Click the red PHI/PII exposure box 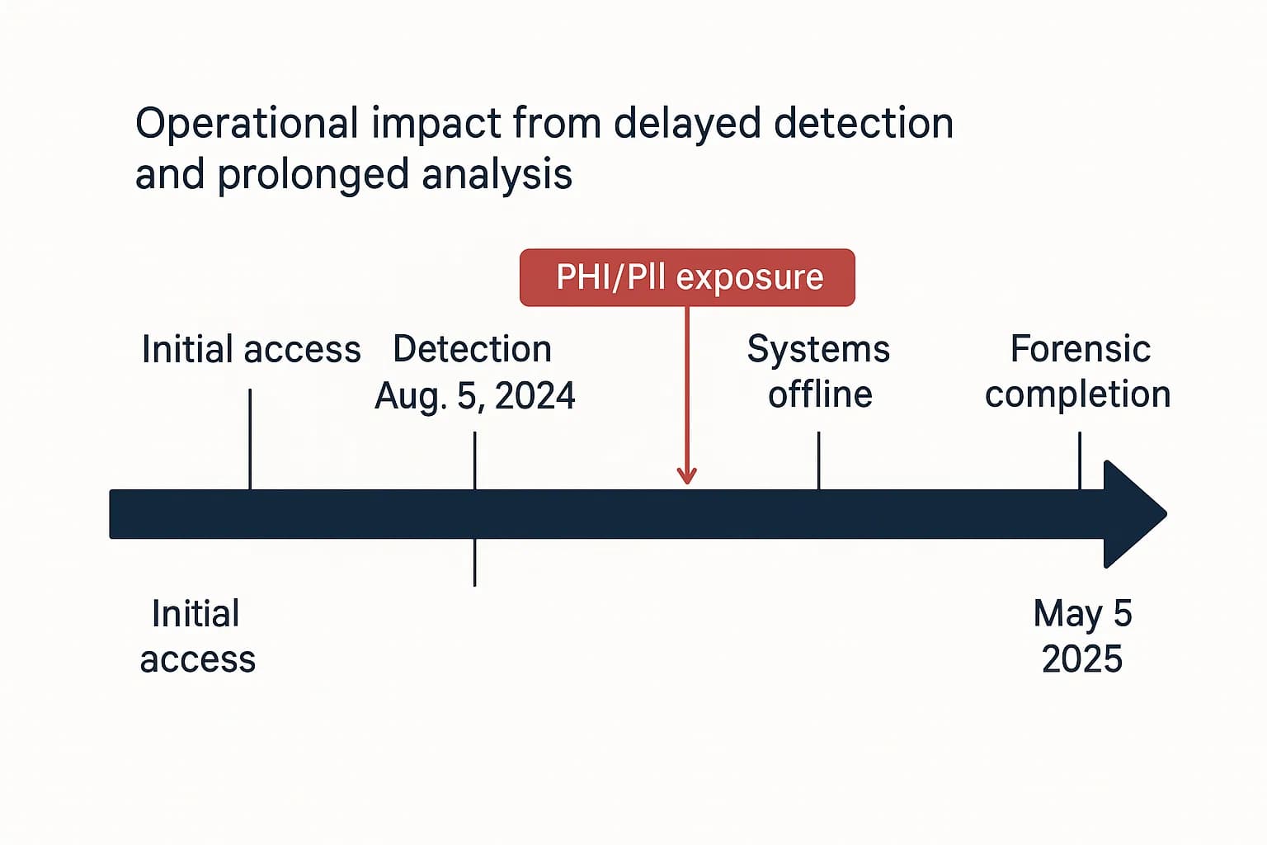point(687,277)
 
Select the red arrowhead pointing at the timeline point(686,475)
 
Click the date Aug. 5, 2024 point(474,396)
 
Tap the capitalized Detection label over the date point(472,349)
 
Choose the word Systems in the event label point(818,349)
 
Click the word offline point(820,394)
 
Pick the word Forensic point(1080,349)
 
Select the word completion point(1077,394)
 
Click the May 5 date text point(1082,614)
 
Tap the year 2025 point(1081,659)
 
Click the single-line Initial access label point(251,350)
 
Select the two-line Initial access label point(197,637)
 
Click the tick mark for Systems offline point(818,460)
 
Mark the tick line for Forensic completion point(1079,460)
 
